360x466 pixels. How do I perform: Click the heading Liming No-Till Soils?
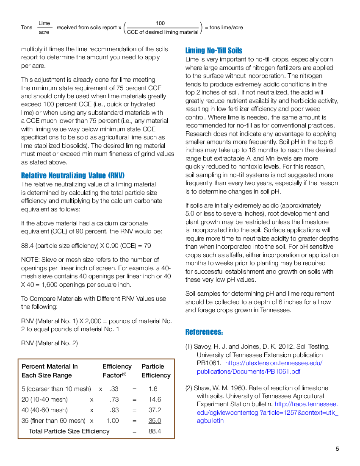214,50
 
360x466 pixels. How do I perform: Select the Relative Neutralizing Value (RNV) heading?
73,175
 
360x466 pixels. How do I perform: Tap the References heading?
204,332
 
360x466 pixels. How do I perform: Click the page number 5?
338,449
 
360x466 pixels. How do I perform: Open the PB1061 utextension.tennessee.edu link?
259,367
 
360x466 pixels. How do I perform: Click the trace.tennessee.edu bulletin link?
267,413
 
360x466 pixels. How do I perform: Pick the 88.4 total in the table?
155,431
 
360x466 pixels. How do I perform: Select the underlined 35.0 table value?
155,421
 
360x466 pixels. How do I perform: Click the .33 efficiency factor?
114,389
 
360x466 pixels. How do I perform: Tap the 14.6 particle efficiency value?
155,399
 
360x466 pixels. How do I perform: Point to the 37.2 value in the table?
155,410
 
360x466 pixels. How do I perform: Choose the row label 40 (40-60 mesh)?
44,410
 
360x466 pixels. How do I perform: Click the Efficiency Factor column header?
117,371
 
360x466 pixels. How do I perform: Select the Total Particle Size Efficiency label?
69,431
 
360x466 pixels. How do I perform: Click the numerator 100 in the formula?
160,23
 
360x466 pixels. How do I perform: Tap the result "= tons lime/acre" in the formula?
224,28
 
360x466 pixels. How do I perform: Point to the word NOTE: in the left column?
30,260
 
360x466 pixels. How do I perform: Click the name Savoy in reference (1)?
202,347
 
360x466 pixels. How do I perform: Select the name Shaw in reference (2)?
202,388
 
